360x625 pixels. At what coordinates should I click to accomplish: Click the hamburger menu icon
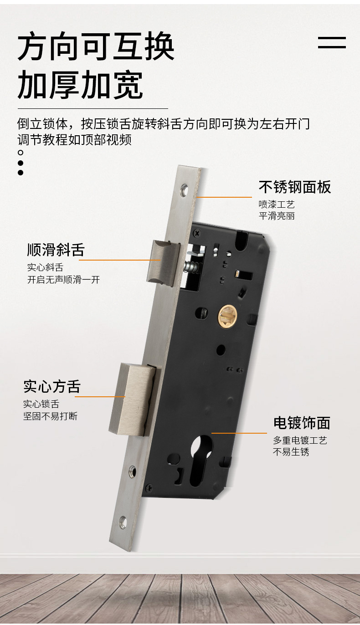[x=332, y=42]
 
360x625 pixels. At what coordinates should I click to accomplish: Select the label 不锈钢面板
[x=295, y=187]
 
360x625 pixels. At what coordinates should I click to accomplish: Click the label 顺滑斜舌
[x=56, y=250]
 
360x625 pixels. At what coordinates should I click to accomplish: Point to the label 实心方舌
[x=52, y=386]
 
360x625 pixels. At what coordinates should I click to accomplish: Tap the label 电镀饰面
[x=302, y=423]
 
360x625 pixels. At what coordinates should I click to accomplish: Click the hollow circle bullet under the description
[x=21, y=153]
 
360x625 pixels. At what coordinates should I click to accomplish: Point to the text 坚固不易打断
[x=50, y=416]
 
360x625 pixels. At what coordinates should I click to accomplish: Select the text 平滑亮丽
[x=277, y=216]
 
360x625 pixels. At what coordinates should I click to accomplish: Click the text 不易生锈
[x=291, y=452]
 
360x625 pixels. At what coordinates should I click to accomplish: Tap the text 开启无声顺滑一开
[x=63, y=280]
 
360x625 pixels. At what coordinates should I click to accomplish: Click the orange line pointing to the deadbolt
[x=100, y=397]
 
